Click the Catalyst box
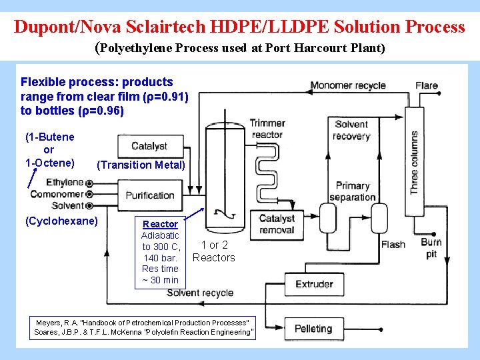pyautogui.click(x=149, y=146)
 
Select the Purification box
pyautogui.click(x=149, y=195)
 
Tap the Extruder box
pyautogui.click(x=314, y=284)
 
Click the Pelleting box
pyautogui.click(x=313, y=329)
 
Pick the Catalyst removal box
pyautogui.click(x=277, y=224)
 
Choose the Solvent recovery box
pyautogui.click(x=351, y=130)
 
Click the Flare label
pyautogui.click(x=427, y=85)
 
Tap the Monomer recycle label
pyautogui.click(x=348, y=85)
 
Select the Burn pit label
pyautogui.click(x=431, y=248)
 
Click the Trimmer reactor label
pyautogui.click(x=267, y=129)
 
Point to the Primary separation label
pyautogui.click(x=353, y=191)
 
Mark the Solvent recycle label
pyautogui.click(x=200, y=293)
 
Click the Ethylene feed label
pyautogui.click(x=65, y=182)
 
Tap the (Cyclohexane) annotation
pyautogui.click(x=61, y=221)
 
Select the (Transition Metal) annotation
pyautogui.click(x=141, y=165)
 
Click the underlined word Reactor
pyautogui.click(x=160, y=224)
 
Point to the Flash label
pyautogui.click(x=393, y=245)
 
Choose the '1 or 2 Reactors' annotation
pyautogui.click(x=214, y=251)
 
